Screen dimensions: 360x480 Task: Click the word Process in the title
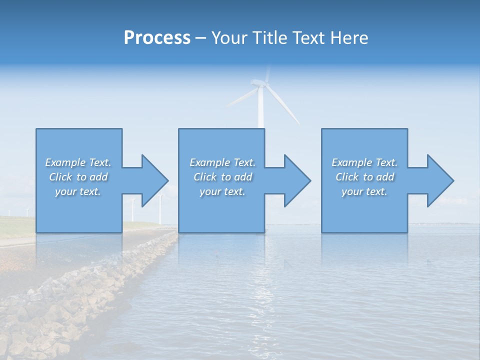pyautogui.click(x=157, y=38)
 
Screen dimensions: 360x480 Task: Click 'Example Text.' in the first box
pyautogui.click(x=78, y=162)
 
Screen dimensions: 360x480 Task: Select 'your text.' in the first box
pyautogui.click(x=78, y=191)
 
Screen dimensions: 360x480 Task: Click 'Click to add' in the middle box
pyautogui.click(x=222, y=177)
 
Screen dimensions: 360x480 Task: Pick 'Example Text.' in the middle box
pyautogui.click(x=222, y=162)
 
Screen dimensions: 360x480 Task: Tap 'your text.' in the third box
pyautogui.click(x=364, y=191)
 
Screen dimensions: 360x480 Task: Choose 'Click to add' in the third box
pyautogui.click(x=364, y=177)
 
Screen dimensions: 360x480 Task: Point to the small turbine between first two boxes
pyautogui.click(x=160, y=210)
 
